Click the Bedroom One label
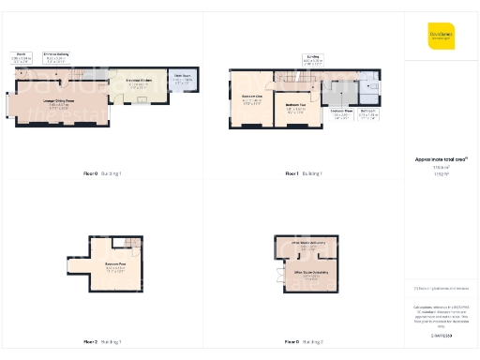(x=252, y=100)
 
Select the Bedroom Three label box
(x=340, y=114)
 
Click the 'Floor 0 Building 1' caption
(x=103, y=174)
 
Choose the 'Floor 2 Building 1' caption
(x=103, y=342)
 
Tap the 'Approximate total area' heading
(x=442, y=160)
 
